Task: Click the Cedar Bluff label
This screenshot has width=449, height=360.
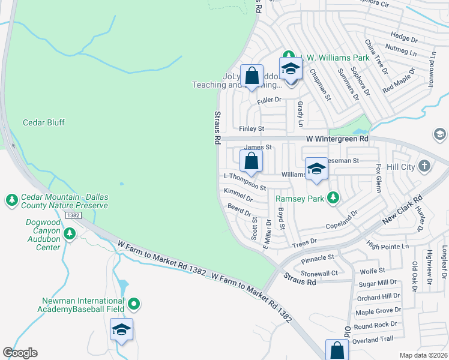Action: coord(44,122)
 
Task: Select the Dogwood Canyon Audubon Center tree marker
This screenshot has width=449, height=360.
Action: coord(70,232)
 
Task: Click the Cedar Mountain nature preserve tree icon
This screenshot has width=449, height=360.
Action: coord(11,199)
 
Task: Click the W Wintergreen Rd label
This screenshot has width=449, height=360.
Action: coord(339,139)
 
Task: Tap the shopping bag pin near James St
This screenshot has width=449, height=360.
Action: coord(251,161)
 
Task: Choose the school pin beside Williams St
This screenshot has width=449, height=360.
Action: coord(316,169)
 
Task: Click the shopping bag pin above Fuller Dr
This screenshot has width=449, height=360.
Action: coord(252,76)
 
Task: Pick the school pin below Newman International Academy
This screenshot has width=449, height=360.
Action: coord(121,329)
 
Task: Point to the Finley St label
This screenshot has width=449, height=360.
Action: coord(252,129)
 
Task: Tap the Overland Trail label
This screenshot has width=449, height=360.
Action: coord(373,339)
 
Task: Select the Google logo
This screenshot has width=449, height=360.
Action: coord(20,353)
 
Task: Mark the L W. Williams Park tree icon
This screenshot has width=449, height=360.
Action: coord(287,58)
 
